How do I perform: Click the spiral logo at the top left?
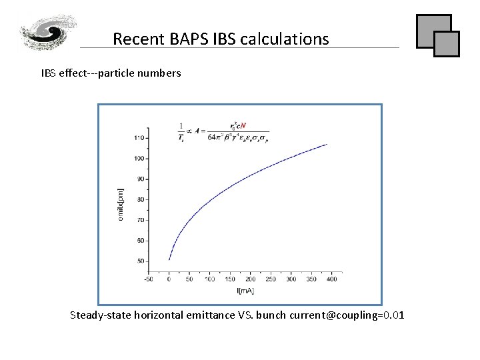(x=48, y=31)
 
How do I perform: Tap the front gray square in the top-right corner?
(x=447, y=43)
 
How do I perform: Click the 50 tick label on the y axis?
(x=141, y=261)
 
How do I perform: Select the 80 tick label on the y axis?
(x=141, y=199)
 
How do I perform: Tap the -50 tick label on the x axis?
(x=149, y=279)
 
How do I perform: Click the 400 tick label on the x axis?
(x=332, y=279)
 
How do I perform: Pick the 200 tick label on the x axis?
(x=251, y=279)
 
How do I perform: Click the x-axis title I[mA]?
(x=245, y=290)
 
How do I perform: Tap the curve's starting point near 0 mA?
(x=169, y=259)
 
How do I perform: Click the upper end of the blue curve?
(x=327, y=144)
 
